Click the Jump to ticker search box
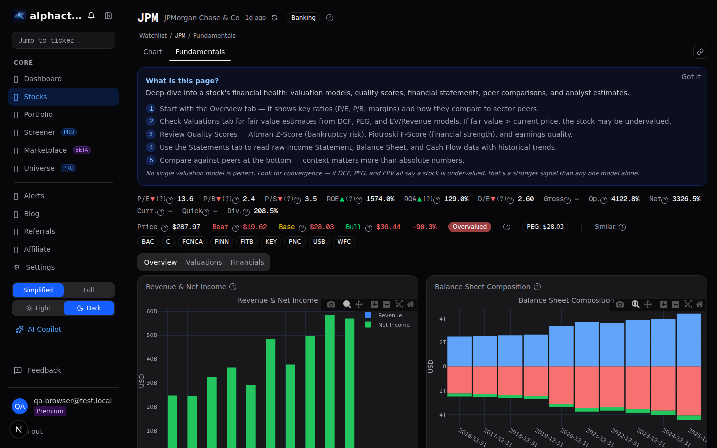(63, 40)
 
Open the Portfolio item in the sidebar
(38, 114)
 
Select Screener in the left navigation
(39, 132)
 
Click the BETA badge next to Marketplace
(82, 150)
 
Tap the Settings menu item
(40, 267)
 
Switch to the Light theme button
(38, 308)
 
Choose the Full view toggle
(89, 290)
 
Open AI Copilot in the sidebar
(44, 329)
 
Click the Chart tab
(153, 52)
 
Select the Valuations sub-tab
(204, 262)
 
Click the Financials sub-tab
(247, 262)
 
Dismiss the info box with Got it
(690, 77)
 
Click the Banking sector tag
(303, 18)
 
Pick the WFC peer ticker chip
(344, 242)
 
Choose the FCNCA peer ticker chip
(192, 242)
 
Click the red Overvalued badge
(470, 227)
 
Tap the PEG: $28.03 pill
(545, 227)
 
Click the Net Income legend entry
(393, 325)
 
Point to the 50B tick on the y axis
(152, 335)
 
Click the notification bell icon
(91, 16)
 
